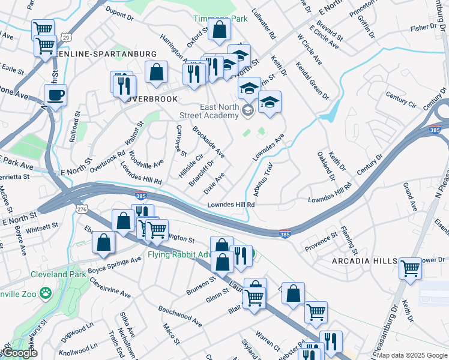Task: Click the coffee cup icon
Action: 55,95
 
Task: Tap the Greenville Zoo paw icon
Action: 45,293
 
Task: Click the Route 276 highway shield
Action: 82,208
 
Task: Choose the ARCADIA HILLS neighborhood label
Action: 364,261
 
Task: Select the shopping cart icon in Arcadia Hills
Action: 411,268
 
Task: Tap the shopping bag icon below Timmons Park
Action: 220,29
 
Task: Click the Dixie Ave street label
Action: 214,183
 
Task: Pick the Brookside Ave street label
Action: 208,142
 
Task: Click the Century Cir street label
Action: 402,96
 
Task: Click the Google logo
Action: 20,353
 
